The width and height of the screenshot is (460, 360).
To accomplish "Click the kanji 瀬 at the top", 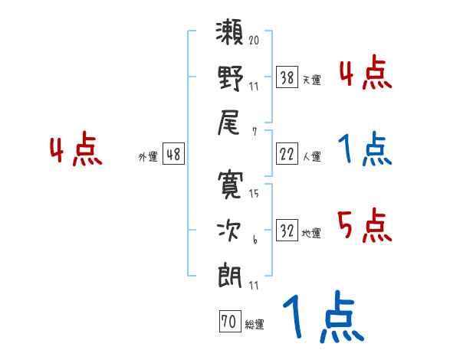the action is pos(230,35).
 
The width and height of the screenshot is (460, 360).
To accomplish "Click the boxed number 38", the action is pos(287,77).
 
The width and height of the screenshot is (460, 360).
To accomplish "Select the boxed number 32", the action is pos(287,231).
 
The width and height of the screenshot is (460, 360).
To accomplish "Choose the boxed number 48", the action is pos(173,155).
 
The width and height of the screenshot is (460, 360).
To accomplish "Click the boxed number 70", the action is pos(228,322).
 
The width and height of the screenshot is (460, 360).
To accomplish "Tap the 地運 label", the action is pos(310,233).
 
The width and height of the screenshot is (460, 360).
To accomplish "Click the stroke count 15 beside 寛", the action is pos(254,194).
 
